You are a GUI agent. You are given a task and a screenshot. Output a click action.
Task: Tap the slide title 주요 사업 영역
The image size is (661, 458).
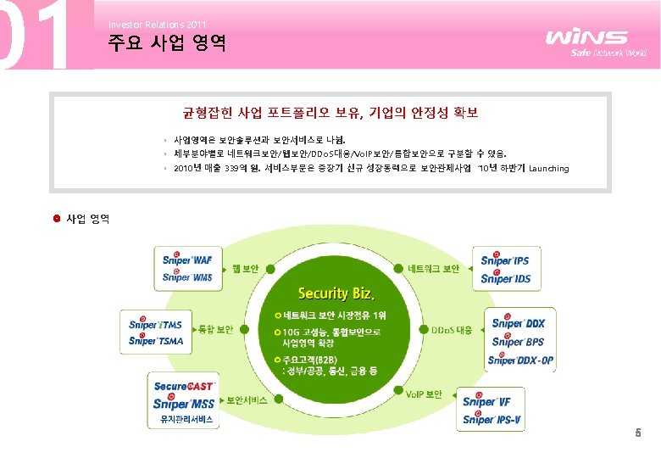pos(167,44)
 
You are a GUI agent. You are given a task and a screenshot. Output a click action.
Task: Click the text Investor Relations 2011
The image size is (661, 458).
pos(157,25)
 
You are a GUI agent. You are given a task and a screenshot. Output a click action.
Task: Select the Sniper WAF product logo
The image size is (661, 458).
pos(187,259)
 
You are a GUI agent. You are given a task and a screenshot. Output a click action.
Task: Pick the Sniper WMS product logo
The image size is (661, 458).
pos(187,276)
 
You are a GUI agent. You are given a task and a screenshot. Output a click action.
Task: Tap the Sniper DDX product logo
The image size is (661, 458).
pos(519,323)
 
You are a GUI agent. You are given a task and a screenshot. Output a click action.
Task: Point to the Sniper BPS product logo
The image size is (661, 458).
pos(519,342)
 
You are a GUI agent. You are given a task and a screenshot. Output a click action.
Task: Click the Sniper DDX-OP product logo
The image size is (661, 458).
pos(521,360)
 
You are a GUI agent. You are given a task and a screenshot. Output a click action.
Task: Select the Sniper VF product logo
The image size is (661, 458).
pos(487,401)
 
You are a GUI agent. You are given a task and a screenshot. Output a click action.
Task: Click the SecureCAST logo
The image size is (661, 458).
pos(183,387)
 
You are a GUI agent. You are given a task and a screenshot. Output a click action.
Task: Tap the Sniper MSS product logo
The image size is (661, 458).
pos(183,404)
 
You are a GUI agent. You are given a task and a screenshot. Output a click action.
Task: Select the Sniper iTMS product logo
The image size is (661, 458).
pos(156,324)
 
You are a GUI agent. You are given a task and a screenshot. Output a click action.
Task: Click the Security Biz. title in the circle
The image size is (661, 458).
pos(336,293)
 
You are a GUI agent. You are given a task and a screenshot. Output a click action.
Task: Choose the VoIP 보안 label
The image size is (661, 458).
pos(424,394)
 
